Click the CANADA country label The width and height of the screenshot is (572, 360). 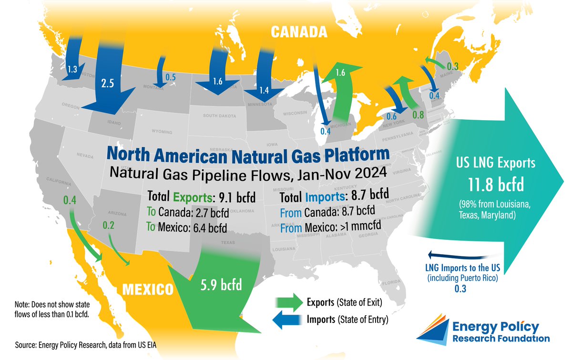pos(299,32)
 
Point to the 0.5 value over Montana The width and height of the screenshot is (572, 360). pos(170,77)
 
